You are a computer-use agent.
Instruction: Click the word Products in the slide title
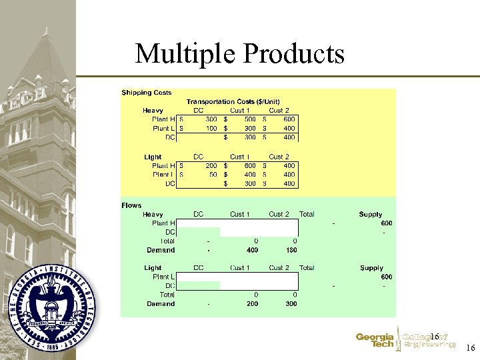click(294, 54)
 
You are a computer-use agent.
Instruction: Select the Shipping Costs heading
click(146, 93)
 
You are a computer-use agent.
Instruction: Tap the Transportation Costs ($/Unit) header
click(228, 101)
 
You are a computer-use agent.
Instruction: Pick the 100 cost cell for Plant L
click(210, 128)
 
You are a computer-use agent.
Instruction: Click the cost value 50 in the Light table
click(213, 175)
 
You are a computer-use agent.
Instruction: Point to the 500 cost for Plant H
click(249, 119)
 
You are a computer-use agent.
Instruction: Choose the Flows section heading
click(131, 205)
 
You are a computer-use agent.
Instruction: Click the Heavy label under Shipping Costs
click(153, 110)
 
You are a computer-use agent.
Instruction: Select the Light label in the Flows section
click(153, 268)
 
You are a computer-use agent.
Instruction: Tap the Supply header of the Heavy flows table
click(371, 215)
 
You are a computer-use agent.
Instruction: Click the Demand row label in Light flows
click(161, 303)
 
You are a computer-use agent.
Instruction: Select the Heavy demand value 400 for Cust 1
click(251, 250)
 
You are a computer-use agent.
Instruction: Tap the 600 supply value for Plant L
click(386, 277)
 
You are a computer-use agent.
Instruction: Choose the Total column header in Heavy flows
click(307, 215)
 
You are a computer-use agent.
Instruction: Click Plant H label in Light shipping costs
click(164, 166)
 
